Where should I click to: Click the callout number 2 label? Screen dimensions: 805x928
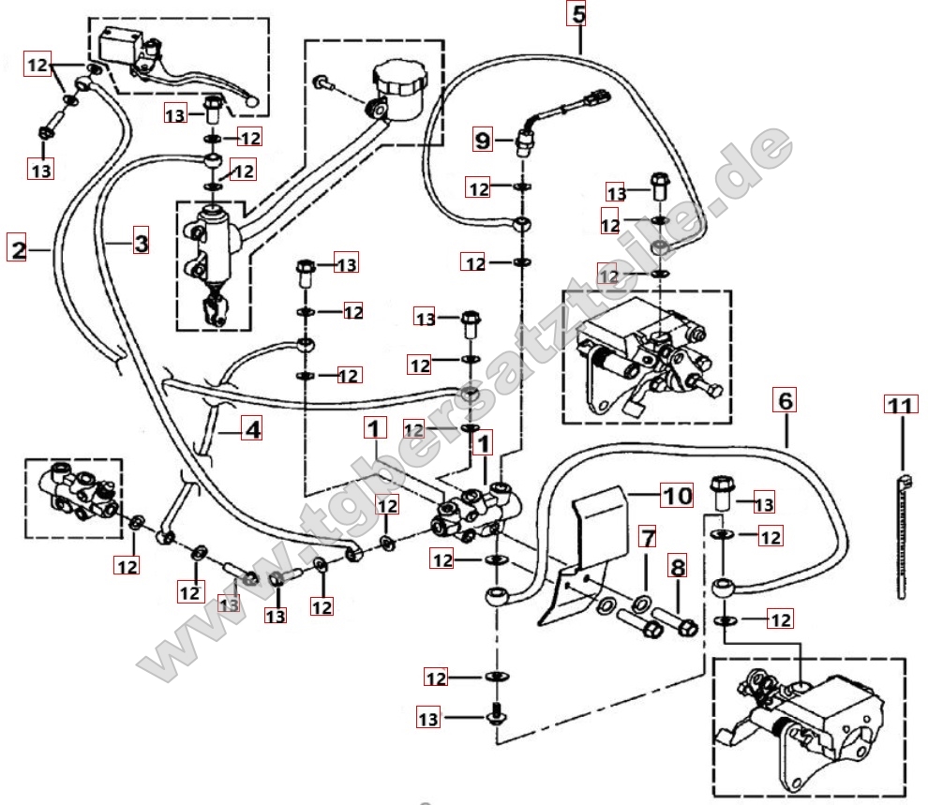[x=18, y=249]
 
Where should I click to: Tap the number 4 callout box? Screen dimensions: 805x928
[x=250, y=430]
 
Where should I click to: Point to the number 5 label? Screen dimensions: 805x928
[x=577, y=15]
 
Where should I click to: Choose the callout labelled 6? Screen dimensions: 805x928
[x=786, y=400]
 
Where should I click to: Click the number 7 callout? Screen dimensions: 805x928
[x=647, y=538]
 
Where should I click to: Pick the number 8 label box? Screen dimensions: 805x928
[x=677, y=567]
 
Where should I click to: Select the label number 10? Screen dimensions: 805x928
[x=677, y=494]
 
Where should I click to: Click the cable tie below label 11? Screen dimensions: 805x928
[x=902, y=534]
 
